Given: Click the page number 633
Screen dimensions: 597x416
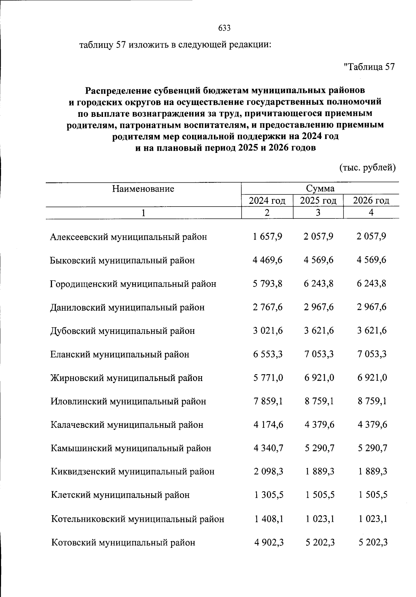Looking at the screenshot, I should click(224, 28).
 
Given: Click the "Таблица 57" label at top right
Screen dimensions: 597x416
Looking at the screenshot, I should click(369, 67).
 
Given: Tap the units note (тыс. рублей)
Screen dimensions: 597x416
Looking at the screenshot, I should click(367, 168).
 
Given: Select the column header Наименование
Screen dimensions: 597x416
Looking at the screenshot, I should click(143, 189).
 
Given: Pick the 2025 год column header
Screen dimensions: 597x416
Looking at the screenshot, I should click(318, 200).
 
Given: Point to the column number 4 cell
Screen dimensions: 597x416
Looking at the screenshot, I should click(371, 213).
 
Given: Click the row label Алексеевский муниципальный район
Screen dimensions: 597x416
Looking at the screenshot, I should click(128, 237).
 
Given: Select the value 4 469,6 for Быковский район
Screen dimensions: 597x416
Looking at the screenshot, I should click(267, 260).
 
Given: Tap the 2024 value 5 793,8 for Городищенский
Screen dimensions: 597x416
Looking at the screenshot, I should click(267, 284).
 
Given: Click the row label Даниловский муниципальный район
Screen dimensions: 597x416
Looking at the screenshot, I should click(127, 308).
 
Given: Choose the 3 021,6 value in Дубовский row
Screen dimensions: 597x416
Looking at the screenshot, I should click(268, 331).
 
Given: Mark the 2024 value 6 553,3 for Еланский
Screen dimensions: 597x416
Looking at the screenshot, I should click(268, 354).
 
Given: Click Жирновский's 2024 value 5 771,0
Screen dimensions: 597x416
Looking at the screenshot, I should click(268, 378).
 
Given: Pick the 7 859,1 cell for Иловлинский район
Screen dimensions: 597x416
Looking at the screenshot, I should click(268, 401).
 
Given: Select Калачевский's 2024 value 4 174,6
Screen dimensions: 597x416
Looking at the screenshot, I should click(268, 425).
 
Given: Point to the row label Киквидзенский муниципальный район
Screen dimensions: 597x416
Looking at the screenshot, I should click(132, 472).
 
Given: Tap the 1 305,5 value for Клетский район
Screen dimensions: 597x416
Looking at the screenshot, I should click(268, 495).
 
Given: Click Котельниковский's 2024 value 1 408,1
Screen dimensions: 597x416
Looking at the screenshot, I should click(268, 519).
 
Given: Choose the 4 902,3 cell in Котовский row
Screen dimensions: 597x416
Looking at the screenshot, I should click(268, 542).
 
